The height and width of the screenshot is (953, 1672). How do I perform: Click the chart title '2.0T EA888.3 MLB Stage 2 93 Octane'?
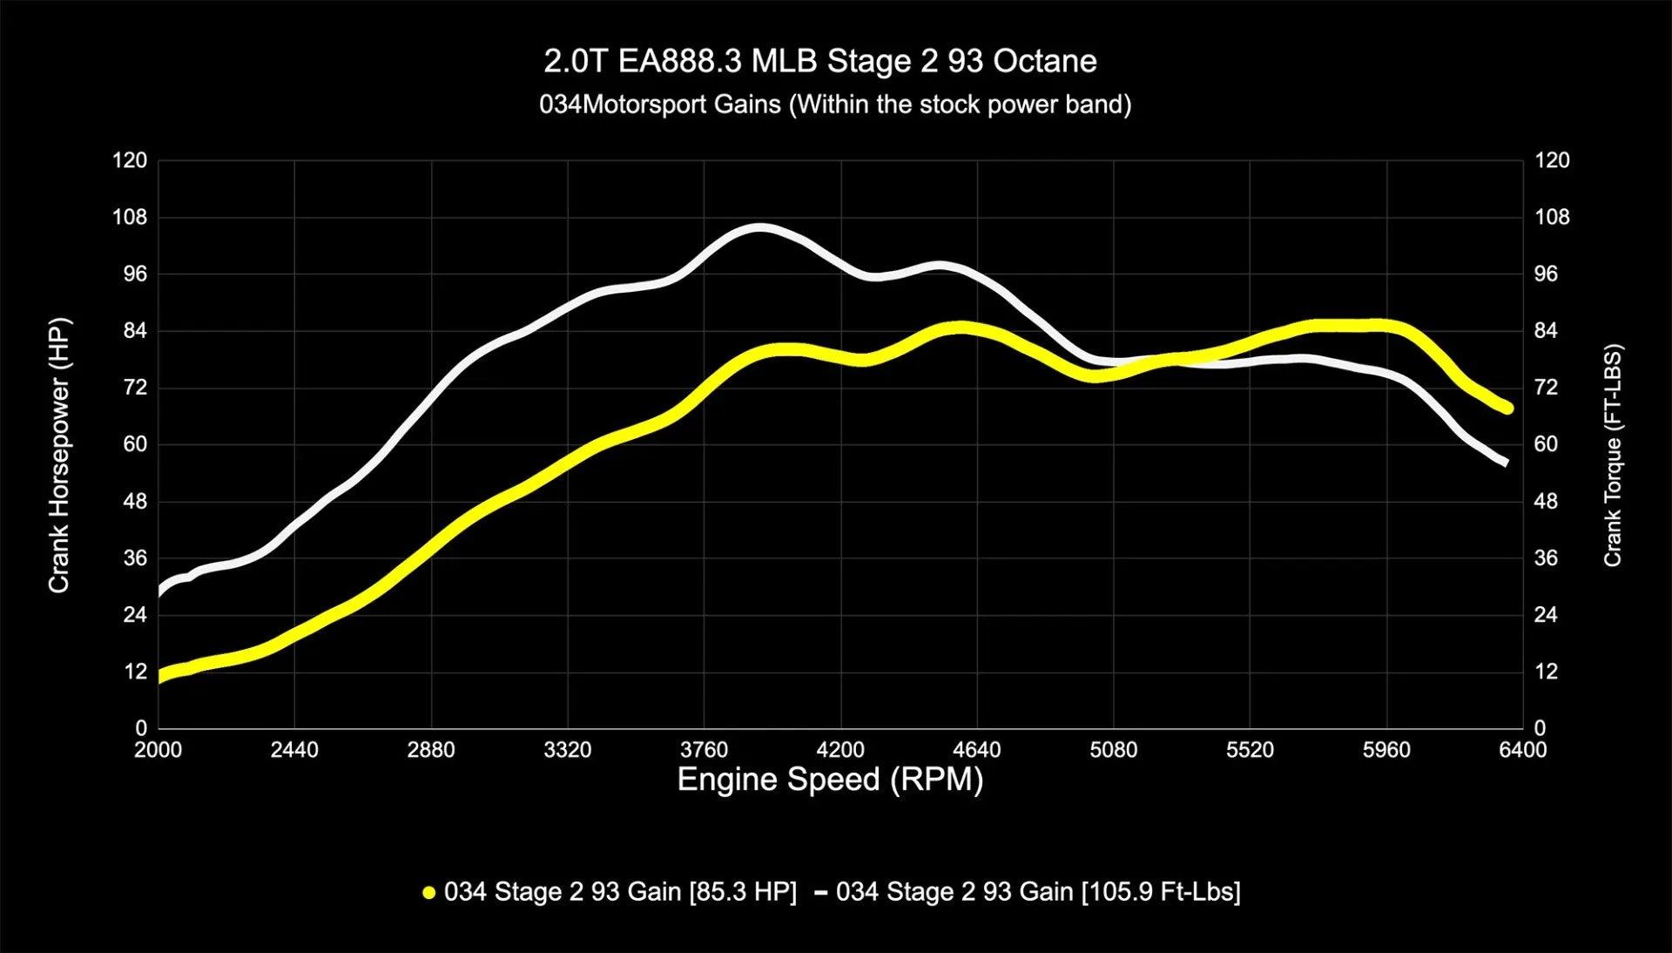pos(819,61)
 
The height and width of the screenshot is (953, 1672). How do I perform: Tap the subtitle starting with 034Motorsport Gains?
pos(834,105)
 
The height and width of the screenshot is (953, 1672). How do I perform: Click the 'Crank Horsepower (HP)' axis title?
pos(59,456)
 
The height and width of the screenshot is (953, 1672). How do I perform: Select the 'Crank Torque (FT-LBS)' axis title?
pos(1613,456)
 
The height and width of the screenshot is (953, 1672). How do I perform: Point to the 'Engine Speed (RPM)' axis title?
pos(830,779)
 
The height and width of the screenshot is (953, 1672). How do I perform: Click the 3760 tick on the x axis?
pos(704,750)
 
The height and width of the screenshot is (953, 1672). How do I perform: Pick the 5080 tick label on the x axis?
pos(1113,750)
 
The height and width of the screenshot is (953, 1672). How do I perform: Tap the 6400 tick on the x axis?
pos(1522,750)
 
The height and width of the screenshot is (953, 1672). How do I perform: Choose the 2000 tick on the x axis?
pos(158,750)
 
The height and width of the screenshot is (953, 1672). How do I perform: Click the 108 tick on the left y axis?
pos(130,217)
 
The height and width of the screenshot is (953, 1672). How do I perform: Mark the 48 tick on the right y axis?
pos(1546,502)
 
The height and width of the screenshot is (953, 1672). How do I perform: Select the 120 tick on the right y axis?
pos(1552,160)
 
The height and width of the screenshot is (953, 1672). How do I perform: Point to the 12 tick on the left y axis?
pos(136,672)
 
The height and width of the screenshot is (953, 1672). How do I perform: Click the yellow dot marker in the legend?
pos(428,893)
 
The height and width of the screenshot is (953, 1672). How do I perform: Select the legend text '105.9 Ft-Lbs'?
pos(1160,892)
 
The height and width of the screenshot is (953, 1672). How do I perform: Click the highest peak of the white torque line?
pos(759,228)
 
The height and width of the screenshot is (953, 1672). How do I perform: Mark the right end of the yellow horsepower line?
pos(1507,408)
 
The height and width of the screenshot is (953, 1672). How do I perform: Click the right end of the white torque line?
pos(1505,462)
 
